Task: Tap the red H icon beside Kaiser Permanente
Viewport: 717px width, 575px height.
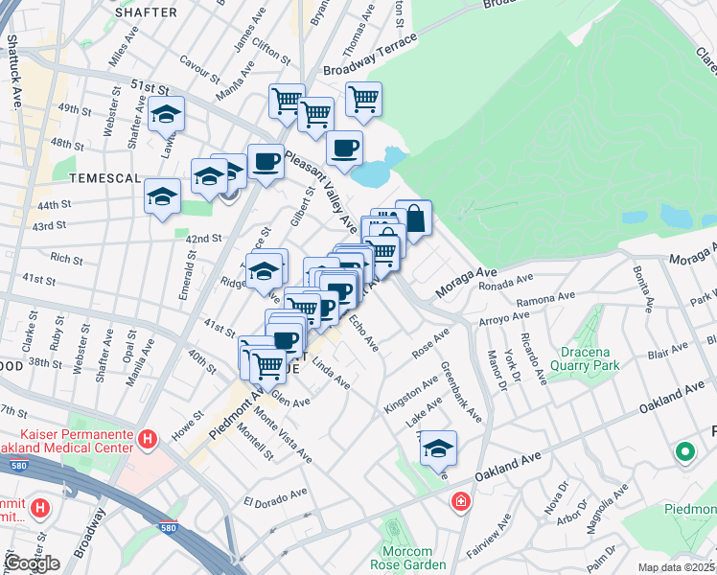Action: (x=148, y=440)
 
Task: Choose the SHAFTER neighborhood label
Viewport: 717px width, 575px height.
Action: (x=146, y=12)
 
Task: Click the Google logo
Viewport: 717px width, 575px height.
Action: (x=32, y=563)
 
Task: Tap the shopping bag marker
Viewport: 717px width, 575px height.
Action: (x=413, y=218)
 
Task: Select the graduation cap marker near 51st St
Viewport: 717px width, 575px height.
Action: (x=167, y=115)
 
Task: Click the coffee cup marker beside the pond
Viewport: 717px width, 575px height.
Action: (x=345, y=149)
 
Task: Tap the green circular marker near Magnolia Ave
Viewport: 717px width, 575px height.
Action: (x=685, y=451)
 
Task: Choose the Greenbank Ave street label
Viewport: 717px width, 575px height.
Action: (x=461, y=391)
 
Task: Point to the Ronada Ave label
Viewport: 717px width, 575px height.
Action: (x=505, y=283)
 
